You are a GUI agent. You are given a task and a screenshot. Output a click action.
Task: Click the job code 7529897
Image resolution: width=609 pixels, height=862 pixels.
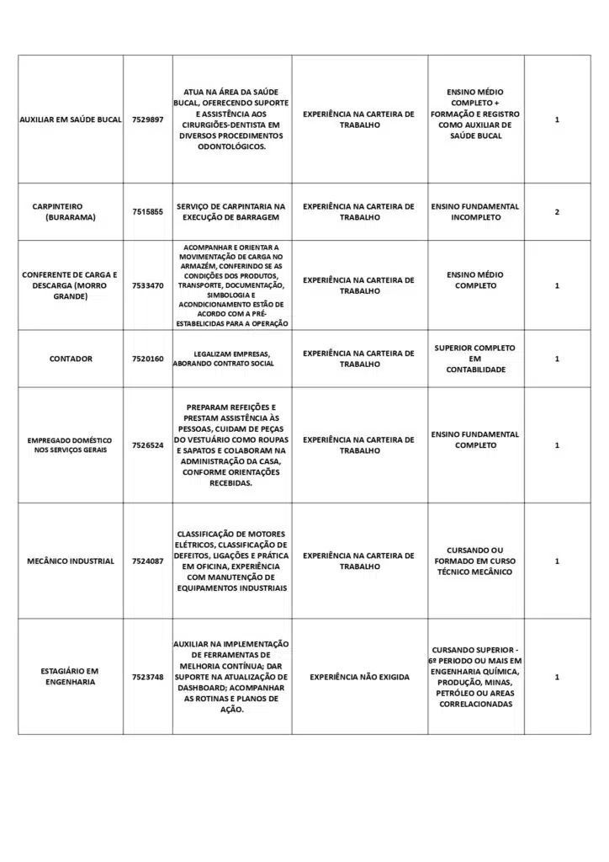point(147,120)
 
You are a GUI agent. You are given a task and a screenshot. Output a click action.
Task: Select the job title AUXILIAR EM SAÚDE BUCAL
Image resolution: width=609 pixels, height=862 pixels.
point(71,120)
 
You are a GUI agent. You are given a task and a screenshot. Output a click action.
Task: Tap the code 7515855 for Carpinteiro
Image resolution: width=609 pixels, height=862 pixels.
point(147,212)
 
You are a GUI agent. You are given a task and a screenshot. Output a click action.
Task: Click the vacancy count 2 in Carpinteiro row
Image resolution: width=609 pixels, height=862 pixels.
point(557,212)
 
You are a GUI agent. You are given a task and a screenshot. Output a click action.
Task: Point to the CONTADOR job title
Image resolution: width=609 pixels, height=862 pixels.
point(71,359)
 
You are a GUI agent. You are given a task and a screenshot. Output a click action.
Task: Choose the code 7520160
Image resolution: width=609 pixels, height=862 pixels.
point(147,359)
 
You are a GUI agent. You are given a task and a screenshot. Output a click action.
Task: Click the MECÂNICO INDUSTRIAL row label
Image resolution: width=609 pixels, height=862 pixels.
point(71,561)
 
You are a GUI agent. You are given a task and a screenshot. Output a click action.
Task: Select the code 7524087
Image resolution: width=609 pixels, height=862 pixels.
point(147,561)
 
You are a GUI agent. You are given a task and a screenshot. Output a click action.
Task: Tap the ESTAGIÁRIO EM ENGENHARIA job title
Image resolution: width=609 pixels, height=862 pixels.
point(71,677)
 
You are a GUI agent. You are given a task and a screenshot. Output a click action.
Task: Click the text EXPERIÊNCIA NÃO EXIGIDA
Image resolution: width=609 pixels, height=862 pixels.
point(358,677)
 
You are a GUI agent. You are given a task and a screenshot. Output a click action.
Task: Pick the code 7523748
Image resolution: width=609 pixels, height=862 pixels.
point(147,677)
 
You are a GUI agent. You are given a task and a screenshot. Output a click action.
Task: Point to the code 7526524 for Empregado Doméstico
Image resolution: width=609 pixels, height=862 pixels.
point(147,445)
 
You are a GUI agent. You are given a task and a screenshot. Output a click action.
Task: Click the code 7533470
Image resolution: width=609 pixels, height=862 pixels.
point(147,285)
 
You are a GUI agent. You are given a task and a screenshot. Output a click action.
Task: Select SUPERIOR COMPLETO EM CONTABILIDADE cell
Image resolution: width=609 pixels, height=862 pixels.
point(475,359)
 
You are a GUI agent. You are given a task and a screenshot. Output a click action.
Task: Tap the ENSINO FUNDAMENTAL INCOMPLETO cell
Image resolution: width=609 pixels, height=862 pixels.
point(475,212)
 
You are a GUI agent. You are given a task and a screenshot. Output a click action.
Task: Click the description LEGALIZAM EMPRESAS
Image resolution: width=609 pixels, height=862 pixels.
point(231,359)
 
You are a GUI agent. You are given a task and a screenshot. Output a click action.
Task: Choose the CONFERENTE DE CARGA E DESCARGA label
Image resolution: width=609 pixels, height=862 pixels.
point(71,285)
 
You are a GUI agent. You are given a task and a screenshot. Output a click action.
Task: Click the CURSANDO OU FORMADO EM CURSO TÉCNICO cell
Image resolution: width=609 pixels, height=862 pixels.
point(475,561)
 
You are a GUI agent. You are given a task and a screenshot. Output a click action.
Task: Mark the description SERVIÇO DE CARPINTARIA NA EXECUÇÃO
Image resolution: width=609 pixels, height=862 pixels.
point(231,212)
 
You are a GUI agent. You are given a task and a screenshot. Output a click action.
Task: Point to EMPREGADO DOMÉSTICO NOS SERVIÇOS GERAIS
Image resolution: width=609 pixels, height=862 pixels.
point(71,445)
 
